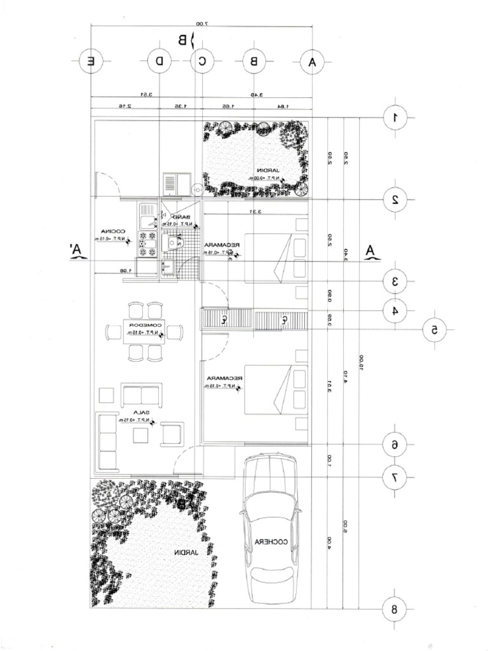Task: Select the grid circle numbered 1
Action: click(x=395, y=118)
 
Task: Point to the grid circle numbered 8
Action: click(x=395, y=609)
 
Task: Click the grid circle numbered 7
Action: click(x=395, y=475)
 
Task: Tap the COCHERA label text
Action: click(x=271, y=542)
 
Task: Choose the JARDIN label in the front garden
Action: click(x=184, y=553)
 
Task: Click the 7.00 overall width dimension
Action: click(x=202, y=24)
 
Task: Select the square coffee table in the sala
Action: click(x=140, y=434)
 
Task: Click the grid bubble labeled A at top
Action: click(x=311, y=62)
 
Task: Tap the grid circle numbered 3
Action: click(x=395, y=280)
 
